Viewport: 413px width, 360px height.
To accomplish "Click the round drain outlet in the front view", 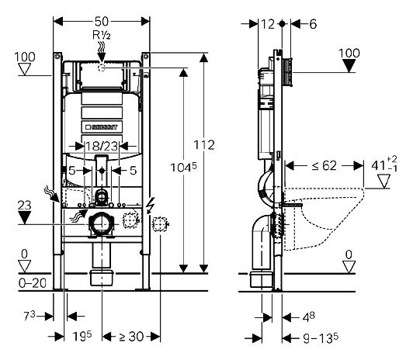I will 100,225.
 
